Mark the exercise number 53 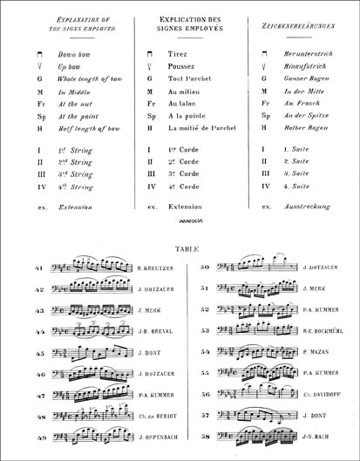click(206, 331)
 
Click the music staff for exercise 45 click(92, 352)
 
